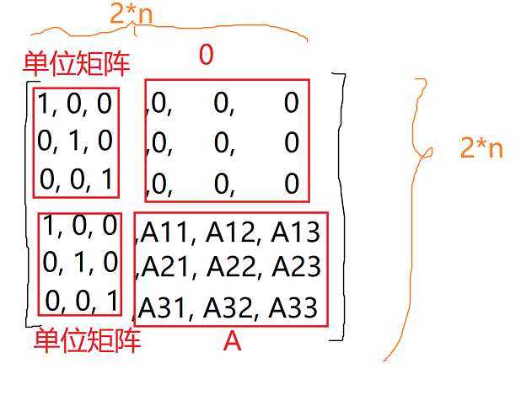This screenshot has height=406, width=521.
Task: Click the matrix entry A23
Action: [x=294, y=267]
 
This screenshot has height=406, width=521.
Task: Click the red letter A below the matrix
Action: [x=232, y=342]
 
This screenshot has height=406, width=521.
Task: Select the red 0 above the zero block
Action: [x=207, y=56]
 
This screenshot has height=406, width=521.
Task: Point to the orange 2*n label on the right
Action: [x=481, y=148]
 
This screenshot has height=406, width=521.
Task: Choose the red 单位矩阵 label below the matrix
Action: [x=88, y=341]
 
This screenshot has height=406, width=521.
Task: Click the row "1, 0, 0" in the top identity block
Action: [x=75, y=104]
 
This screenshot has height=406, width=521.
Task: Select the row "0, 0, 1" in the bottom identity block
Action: [x=82, y=299]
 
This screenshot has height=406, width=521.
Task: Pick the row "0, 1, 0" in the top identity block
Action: [x=75, y=140]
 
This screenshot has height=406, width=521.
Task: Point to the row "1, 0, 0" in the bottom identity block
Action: [x=80, y=227]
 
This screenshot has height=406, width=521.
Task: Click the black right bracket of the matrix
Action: [x=341, y=206]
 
